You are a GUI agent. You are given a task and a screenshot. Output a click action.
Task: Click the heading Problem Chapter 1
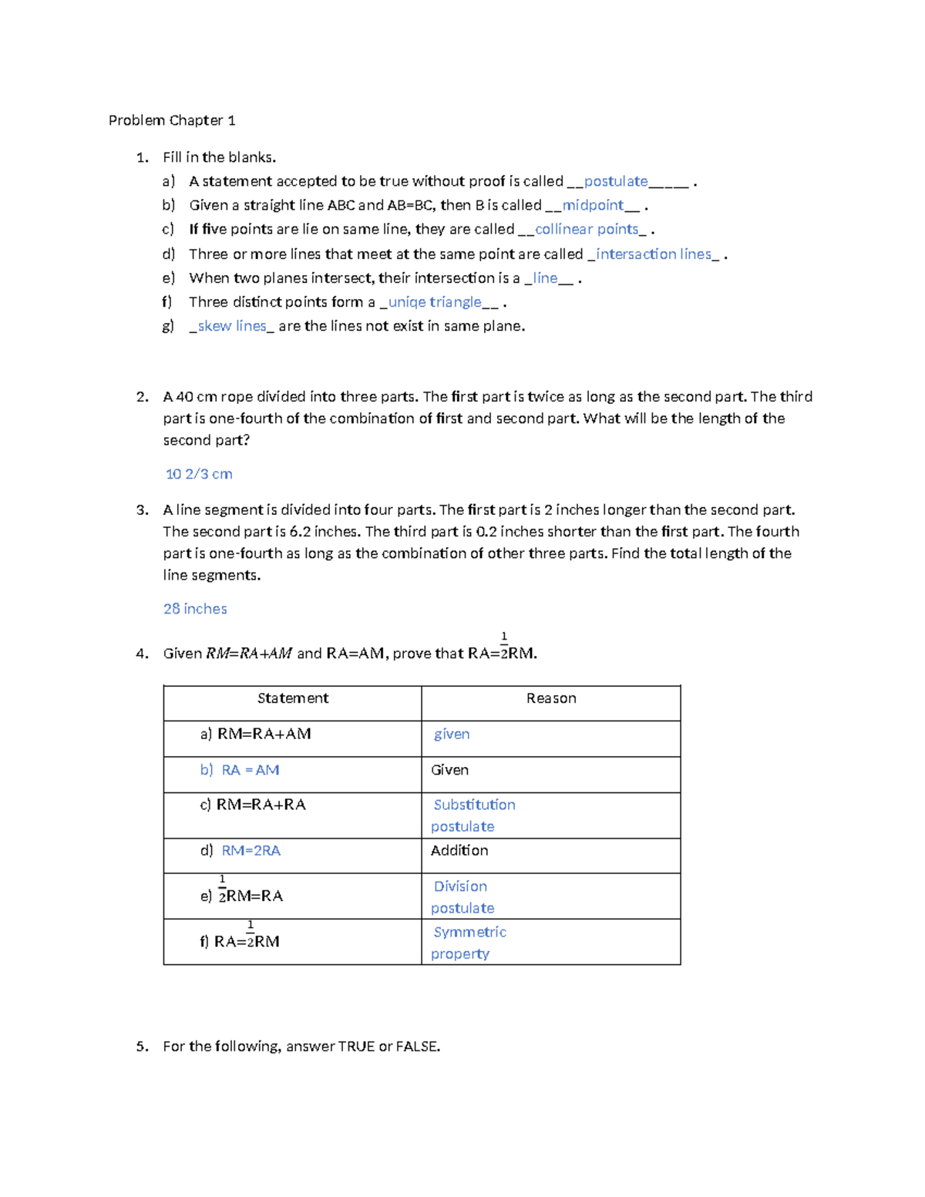pos(172,120)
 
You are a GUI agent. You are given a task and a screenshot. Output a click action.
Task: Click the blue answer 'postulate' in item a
pos(615,181)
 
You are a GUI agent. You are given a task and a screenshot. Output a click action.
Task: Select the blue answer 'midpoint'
pos(592,205)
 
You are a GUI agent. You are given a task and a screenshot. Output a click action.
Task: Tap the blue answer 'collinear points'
pos(587,229)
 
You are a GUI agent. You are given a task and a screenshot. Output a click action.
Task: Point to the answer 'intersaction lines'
pos(654,254)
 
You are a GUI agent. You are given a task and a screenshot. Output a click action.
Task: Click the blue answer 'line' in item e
pos(545,277)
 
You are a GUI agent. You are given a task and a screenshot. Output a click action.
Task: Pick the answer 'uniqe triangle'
pos(435,301)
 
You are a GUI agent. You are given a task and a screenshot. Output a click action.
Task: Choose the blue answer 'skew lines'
pos(232,326)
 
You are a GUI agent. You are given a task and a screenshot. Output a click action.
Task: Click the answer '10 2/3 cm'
pos(199,474)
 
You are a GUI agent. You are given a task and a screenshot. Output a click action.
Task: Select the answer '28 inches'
pos(195,609)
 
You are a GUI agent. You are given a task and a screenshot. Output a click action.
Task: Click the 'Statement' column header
pos(293,698)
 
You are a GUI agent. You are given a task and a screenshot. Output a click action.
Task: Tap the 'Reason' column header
pos(551,698)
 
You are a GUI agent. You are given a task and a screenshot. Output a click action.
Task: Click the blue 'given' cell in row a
pos(452,735)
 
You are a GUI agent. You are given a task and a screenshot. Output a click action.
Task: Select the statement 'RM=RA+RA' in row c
pos(261,805)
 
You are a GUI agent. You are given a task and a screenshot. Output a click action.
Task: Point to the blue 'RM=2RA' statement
pos(251,851)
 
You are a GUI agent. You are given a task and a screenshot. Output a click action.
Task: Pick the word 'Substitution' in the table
pos(474,805)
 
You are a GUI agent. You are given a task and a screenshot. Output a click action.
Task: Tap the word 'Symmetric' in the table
pos(469,932)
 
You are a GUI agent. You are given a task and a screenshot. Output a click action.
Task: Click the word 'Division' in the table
pos(460,886)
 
